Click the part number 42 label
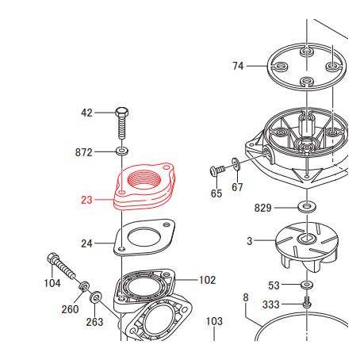86,113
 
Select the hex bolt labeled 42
122,123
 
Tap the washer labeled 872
122,151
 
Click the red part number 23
86,200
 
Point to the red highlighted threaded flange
145,186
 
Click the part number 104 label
52,283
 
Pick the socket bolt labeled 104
61,266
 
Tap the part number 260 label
70,309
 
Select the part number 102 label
207,280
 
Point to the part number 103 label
214,321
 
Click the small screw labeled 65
217,170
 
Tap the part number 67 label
237,187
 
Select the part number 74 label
238,66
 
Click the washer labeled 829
307,206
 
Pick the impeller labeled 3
307,245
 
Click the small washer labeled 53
307,285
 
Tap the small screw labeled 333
307,302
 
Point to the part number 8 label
246,297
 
